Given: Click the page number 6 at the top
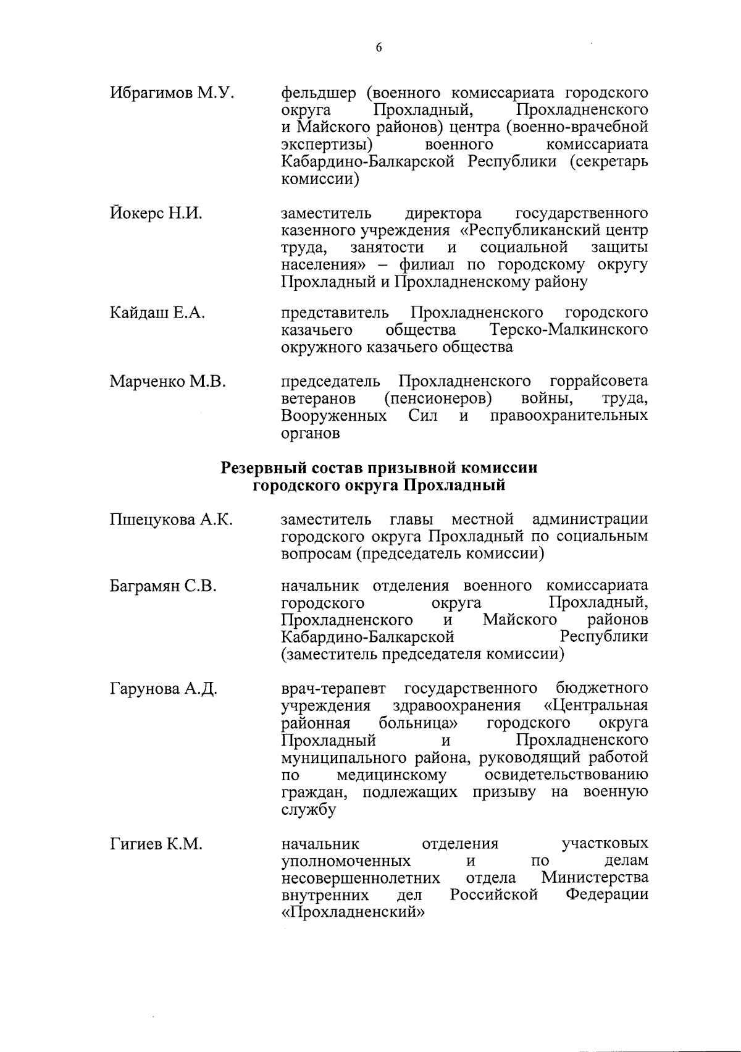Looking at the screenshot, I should [379, 48].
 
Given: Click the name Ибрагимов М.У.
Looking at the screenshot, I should [172, 93].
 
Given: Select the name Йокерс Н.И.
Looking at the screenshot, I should [156, 214].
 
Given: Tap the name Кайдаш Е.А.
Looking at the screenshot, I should [157, 313].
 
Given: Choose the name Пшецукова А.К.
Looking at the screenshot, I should [171, 520].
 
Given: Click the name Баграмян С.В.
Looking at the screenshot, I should [163, 586].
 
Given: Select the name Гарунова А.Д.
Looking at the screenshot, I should [163, 689].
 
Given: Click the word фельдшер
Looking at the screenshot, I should [319, 94].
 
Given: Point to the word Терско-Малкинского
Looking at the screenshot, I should [568, 330].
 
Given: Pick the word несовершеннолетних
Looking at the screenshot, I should [361, 878].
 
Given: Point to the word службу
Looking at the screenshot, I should [308, 810].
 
